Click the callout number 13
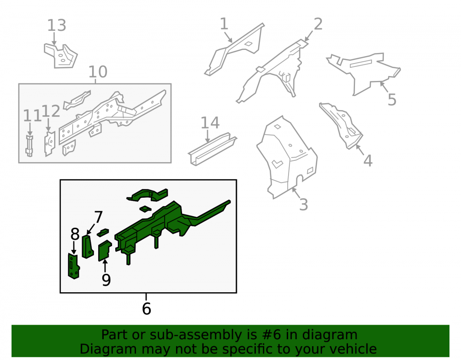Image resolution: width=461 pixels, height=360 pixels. (57, 25)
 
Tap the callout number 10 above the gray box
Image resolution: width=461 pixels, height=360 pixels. (98, 72)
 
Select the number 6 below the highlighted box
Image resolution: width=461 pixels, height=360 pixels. (147, 308)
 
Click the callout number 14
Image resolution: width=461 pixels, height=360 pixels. (210, 123)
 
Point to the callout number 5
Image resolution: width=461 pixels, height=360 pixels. (392, 100)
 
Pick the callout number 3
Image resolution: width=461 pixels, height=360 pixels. (303, 205)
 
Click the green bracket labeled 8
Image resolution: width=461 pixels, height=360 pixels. (73, 266)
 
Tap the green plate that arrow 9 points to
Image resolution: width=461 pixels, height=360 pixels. (104, 251)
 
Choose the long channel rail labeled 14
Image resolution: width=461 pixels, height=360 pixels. (212, 148)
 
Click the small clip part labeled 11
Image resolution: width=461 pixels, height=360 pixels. (30, 146)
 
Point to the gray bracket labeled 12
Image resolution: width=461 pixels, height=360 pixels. (49, 144)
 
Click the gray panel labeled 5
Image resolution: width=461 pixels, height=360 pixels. (363, 72)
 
